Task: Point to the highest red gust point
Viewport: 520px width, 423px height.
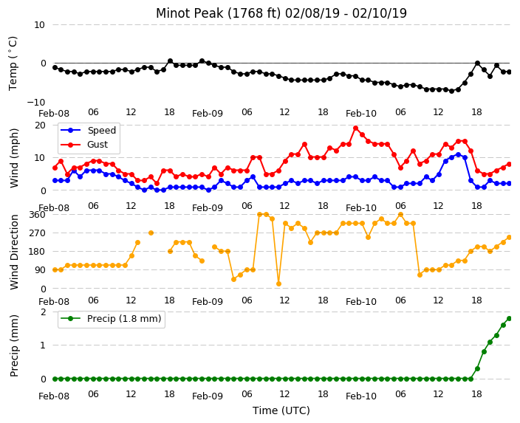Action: (x=356, y=128)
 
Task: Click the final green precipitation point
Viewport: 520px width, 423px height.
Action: (x=510, y=319)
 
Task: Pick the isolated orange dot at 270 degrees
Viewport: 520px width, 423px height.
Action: (x=151, y=233)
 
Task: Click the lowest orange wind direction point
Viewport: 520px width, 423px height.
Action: (x=278, y=283)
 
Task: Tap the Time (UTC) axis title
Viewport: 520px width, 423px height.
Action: (x=281, y=410)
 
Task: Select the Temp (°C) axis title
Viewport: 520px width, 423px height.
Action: (x=13, y=63)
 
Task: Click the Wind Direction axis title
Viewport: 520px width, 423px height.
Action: (x=14, y=252)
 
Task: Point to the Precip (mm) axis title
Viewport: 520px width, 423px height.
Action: (x=14, y=345)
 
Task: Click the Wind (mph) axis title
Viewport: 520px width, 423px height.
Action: (x=14, y=158)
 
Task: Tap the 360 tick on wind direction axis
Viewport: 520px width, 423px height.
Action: (x=37, y=215)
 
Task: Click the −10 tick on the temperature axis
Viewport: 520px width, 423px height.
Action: (x=35, y=102)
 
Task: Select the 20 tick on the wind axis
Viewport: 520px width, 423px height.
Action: (x=40, y=125)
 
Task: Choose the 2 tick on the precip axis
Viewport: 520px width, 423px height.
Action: (x=43, y=312)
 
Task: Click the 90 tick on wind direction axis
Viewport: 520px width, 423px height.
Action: (x=40, y=270)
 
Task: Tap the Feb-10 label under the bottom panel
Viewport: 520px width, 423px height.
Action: (x=361, y=396)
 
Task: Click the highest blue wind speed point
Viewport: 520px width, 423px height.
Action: (x=458, y=154)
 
